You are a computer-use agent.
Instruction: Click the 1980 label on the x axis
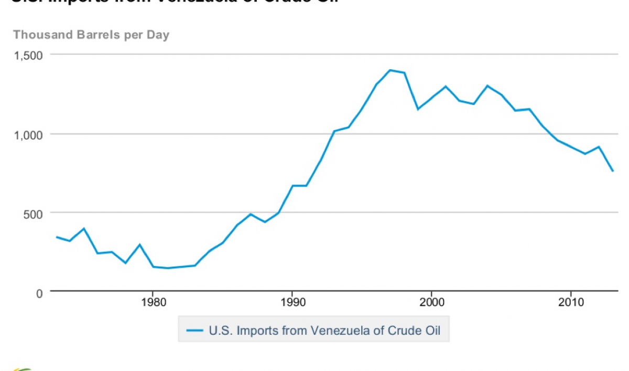(153, 303)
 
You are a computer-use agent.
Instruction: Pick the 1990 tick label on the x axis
(292, 303)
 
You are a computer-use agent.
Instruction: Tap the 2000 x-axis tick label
(431, 303)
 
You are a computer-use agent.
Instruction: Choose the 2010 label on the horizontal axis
(571, 303)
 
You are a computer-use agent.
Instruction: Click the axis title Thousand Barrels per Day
(91, 35)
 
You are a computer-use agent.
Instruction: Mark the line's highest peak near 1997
(389, 70)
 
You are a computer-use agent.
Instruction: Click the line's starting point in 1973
(56, 237)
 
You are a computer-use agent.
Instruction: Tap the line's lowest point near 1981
(167, 268)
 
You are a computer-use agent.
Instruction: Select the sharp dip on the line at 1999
(418, 109)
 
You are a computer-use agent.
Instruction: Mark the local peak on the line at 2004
(487, 85)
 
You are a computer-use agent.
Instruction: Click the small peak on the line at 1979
(139, 245)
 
